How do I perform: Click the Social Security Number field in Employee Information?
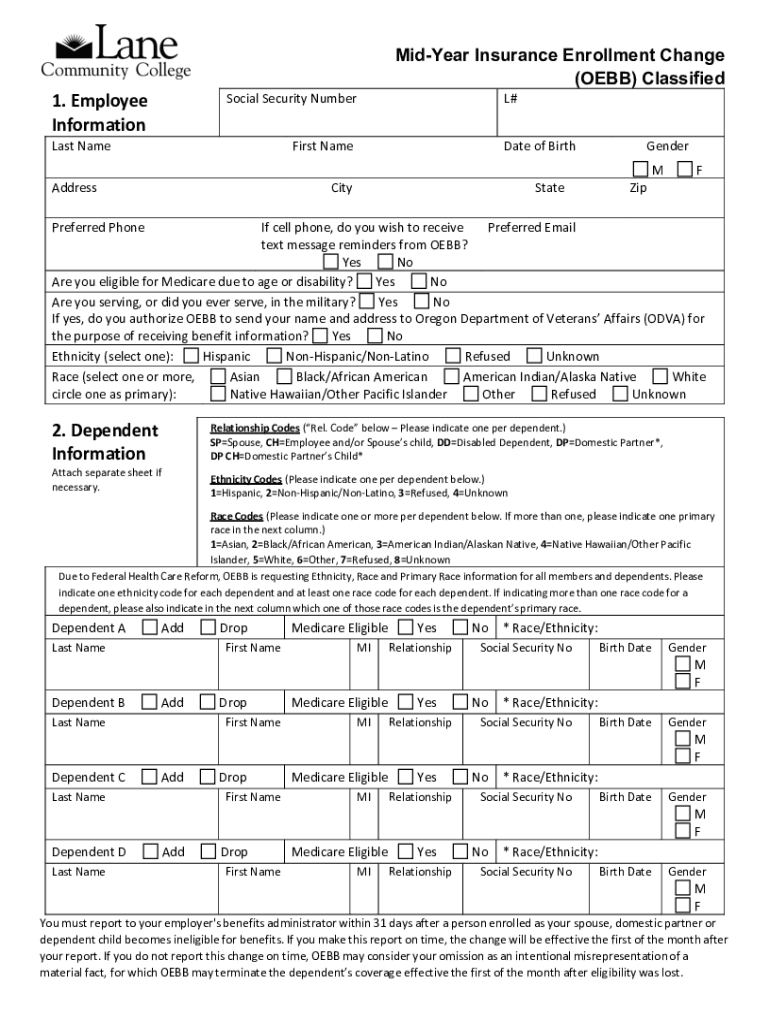tap(357, 111)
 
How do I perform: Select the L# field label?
tap(510, 99)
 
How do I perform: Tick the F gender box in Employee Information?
tap(685, 170)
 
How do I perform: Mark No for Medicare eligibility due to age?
tap(420, 282)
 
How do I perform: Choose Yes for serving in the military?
tap(367, 301)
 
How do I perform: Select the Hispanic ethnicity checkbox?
tap(191, 356)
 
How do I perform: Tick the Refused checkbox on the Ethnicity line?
tap(453, 356)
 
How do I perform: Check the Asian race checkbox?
tap(218, 377)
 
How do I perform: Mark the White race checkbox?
tap(660, 377)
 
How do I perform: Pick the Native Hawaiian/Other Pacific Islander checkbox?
tap(218, 394)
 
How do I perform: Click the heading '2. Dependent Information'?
tap(105, 442)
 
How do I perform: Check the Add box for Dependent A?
tap(150, 628)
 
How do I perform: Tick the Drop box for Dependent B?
tap(208, 703)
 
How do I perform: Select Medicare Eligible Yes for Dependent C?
tap(405, 777)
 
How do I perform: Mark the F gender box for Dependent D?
tap(682, 906)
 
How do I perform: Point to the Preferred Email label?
tap(531, 228)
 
